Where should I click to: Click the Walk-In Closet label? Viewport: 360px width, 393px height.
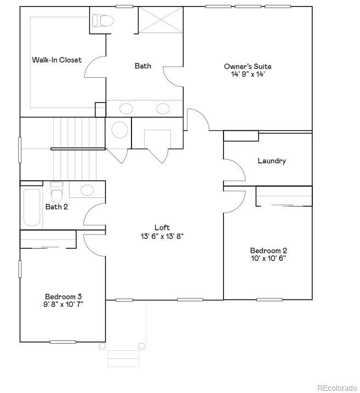56,60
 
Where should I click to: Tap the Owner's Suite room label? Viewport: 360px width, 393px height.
248,66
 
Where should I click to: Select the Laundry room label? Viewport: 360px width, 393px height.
272,161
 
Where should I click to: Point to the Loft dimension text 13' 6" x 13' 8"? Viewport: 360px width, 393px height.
162,236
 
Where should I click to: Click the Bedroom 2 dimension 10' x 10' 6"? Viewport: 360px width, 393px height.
268,258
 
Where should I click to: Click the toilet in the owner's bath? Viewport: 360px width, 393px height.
102,21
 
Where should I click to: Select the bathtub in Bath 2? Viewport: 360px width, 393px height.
32,207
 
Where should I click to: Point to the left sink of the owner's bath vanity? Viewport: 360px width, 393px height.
126,108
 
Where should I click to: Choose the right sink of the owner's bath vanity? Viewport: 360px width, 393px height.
163,108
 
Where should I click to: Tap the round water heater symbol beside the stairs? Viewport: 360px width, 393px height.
119,130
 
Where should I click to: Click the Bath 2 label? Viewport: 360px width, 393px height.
56,207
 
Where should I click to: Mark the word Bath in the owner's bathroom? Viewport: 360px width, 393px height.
143,66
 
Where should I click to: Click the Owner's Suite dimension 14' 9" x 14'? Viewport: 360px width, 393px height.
248,75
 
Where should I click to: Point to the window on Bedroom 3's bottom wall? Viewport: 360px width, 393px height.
62,342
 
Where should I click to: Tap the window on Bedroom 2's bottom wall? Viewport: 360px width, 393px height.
269,300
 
